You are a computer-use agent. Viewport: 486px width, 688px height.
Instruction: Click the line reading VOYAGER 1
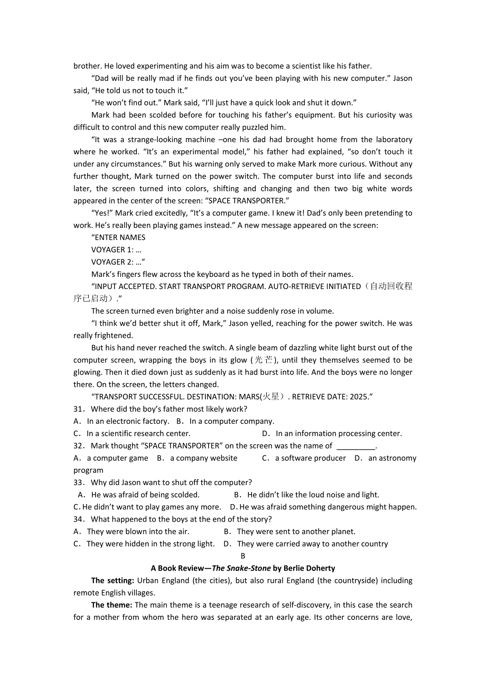(116, 250)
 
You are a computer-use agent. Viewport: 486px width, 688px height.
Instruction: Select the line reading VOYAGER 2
(117, 262)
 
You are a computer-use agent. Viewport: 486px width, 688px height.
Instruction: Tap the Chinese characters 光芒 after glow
(264, 360)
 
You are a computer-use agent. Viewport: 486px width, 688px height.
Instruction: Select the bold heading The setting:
(112, 581)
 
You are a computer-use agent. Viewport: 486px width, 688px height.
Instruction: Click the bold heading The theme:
(111, 605)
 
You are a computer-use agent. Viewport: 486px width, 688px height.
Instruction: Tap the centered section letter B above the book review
(243, 556)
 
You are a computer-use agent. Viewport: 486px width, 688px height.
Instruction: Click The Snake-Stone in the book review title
(241, 569)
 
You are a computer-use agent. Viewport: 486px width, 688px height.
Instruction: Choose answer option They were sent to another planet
(296, 532)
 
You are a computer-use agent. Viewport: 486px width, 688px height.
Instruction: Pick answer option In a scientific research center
(138, 434)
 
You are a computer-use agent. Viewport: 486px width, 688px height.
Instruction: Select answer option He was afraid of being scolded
(145, 495)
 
